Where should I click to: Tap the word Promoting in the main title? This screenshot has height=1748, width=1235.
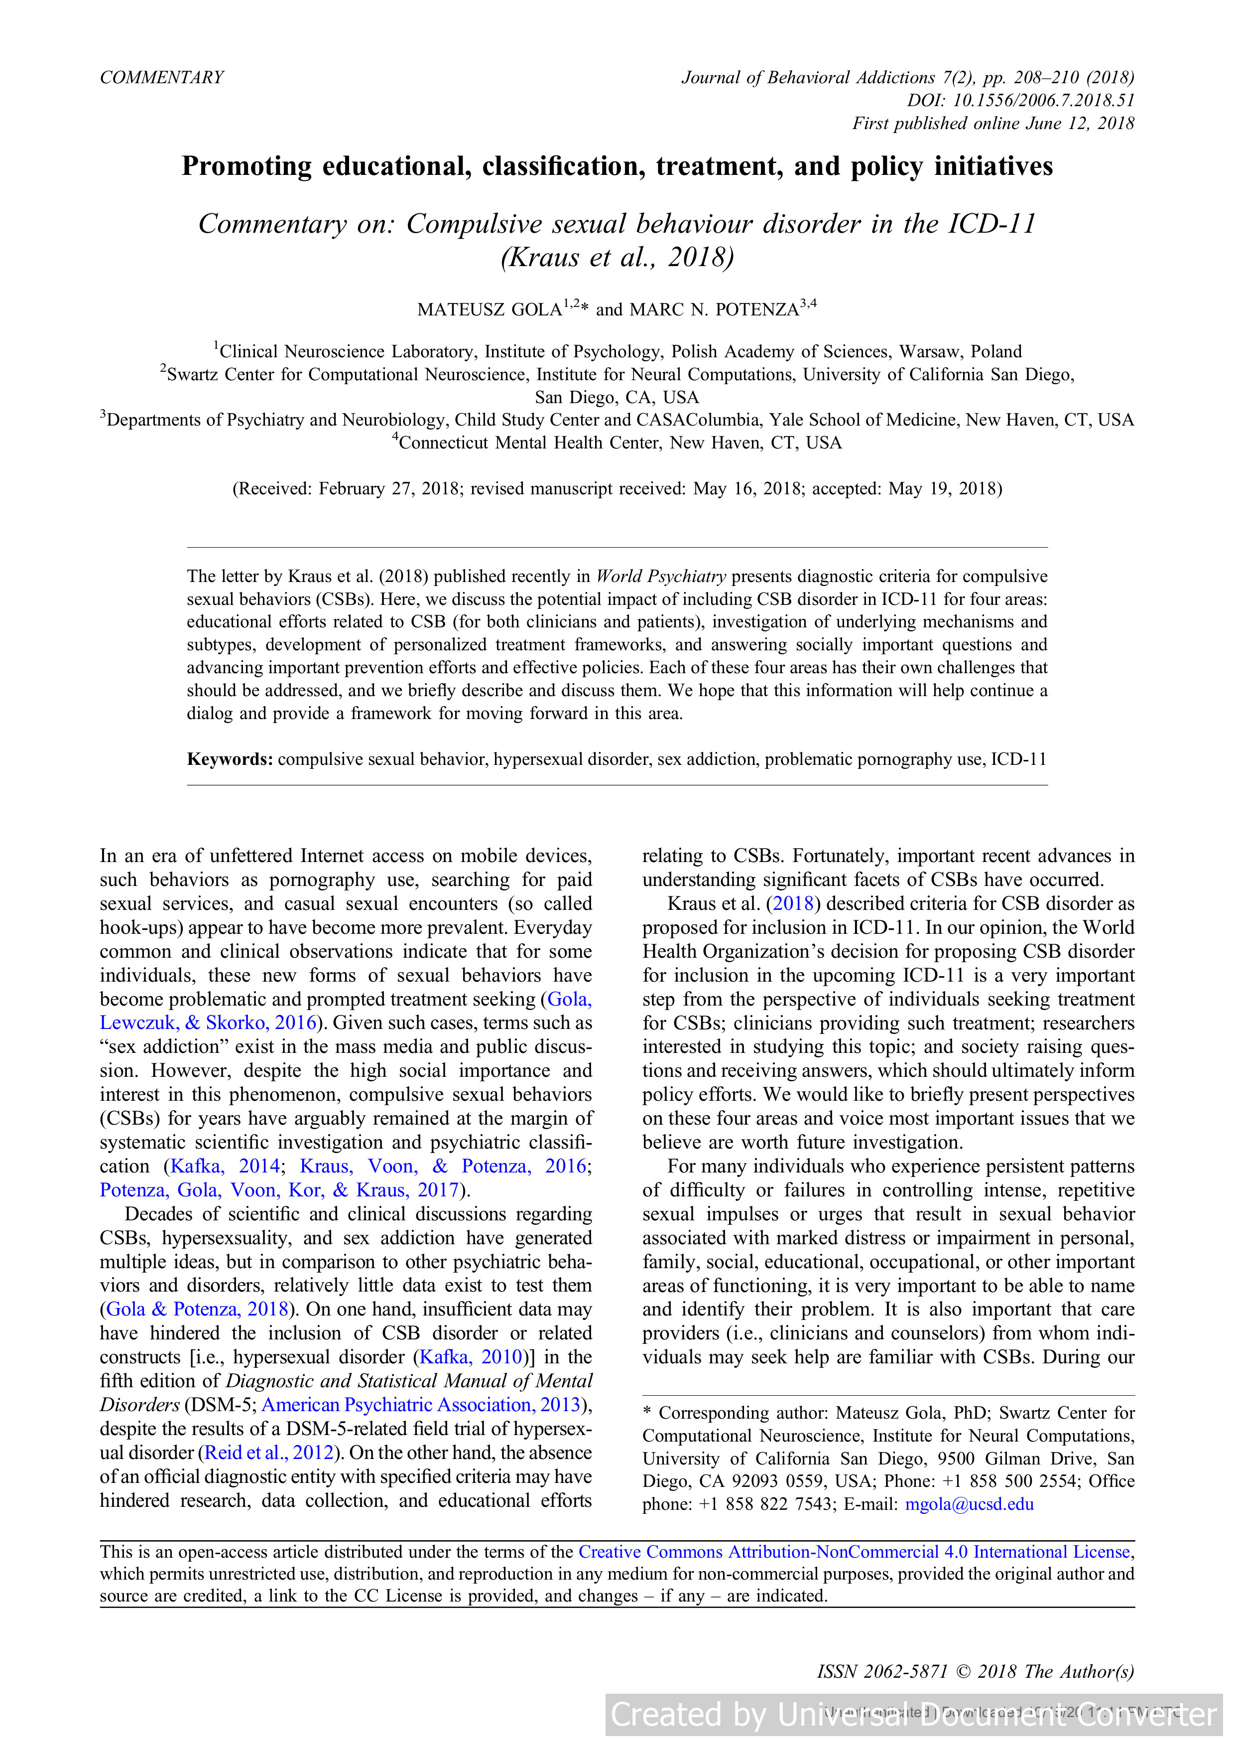[x=247, y=167]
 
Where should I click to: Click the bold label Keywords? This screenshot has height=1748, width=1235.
[x=230, y=759]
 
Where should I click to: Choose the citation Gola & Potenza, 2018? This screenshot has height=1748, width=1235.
[x=197, y=1309]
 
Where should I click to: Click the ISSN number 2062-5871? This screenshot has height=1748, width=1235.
[x=905, y=1672]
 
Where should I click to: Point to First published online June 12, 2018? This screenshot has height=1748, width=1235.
[x=992, y=124]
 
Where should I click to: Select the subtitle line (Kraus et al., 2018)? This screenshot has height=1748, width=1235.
[x=617, y=257]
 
